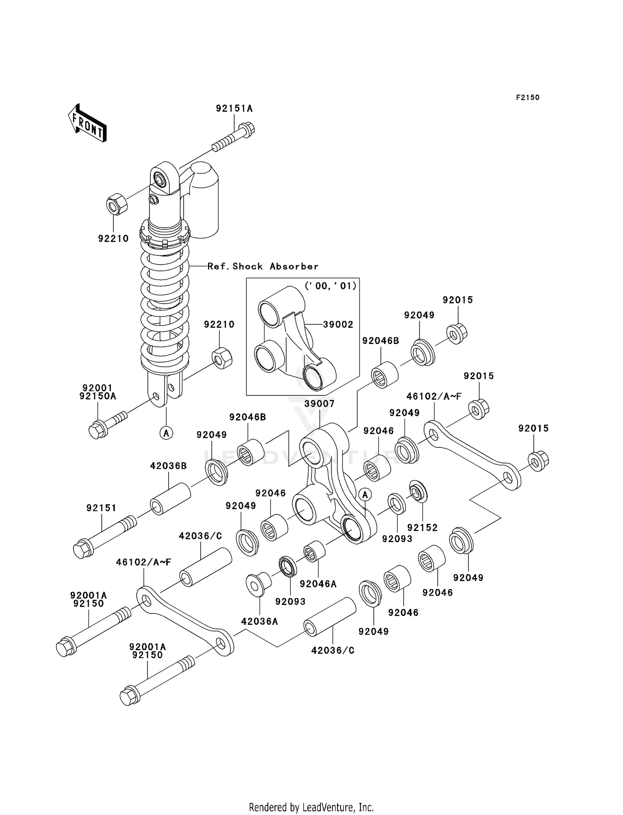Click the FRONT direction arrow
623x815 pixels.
(88, 123)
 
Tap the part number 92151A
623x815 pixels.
(234, 108)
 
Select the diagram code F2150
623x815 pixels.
(527, 98)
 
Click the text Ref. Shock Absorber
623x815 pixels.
(263, 266)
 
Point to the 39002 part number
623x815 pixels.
(338, 324)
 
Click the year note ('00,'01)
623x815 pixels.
(331, 286)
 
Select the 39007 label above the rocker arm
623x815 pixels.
(319, 403)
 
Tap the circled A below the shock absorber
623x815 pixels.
(166, 433)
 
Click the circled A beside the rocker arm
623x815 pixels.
(365, 495)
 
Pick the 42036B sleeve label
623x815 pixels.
(168, 466)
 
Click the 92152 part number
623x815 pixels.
(422, 528)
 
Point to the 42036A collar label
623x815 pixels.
(260, 621)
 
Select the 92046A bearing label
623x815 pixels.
(318, 584)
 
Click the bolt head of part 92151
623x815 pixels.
(82, 549)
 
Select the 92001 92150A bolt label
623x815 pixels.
(98, 392)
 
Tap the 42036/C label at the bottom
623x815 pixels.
(333, 651)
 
